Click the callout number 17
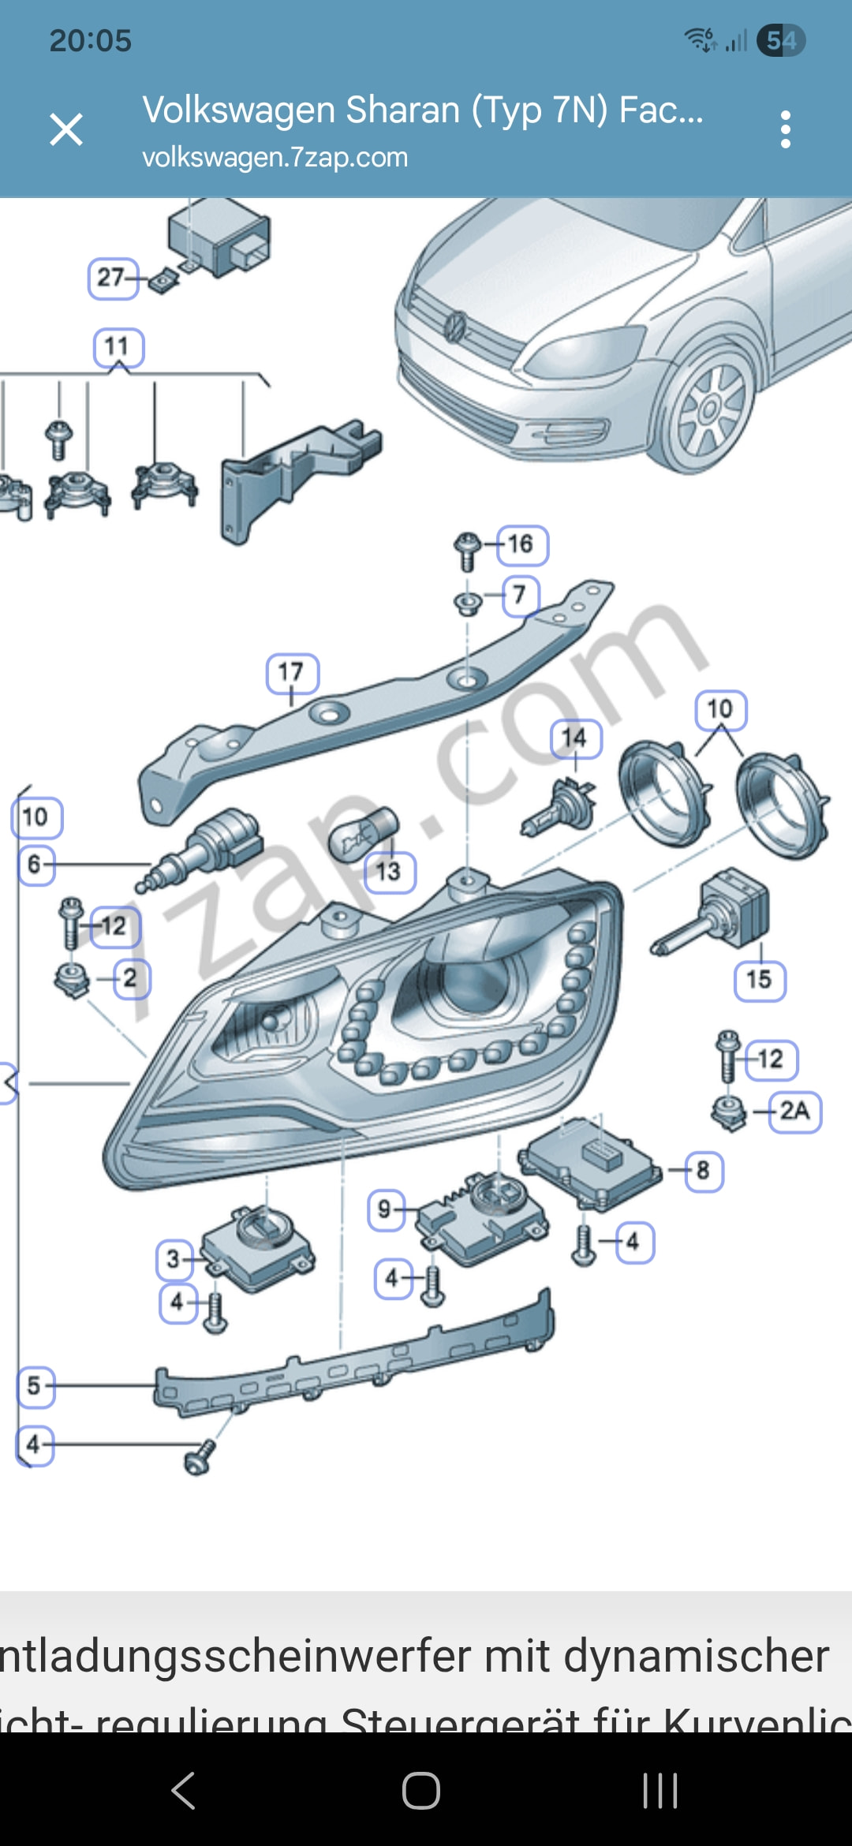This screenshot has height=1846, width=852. click(x=292, y=673)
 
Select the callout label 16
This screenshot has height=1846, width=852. click(x=521, y=544)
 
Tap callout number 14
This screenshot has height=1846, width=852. click(x=575, y=738)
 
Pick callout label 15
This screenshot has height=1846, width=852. click(x=759, y=981)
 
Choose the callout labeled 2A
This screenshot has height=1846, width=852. click(x=794, y=1112)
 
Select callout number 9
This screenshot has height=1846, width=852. click(x=385, y=1209)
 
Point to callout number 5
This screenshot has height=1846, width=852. click(x=35, y=1386)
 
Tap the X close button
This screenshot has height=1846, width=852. click(x=66, y=129)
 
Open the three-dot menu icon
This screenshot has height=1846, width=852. click(x=785, y=129)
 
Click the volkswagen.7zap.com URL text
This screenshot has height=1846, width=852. click(x=275, y=158)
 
